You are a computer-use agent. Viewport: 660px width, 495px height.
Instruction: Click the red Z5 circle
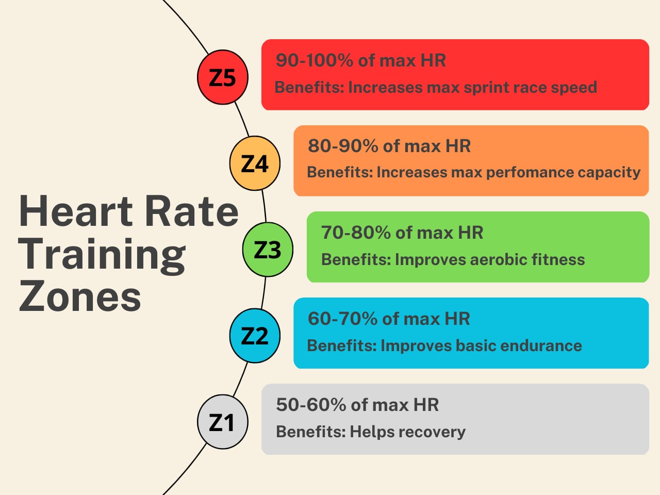click(x=223, y=77)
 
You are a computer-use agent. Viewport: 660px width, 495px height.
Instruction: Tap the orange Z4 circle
click(x=255, y=163)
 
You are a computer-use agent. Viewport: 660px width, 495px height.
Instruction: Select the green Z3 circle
click(x=268, y=250)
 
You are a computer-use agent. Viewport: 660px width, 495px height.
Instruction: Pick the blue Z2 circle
click(x=255, y=336)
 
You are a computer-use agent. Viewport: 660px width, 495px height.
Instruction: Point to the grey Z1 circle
click(x=223, y=422)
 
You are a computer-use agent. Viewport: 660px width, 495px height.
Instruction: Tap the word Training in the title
click(x=102, y=255)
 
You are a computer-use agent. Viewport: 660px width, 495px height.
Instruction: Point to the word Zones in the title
click(x=80, y=297)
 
